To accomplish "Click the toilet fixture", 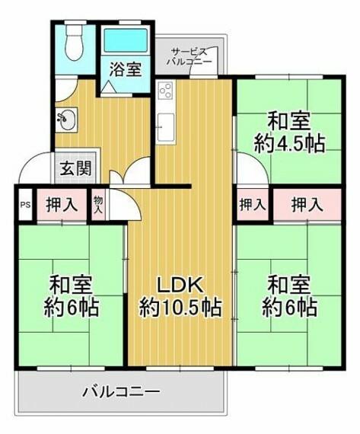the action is [74, 41].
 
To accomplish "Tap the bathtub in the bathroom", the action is [126, 40].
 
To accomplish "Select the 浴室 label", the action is [126, 69].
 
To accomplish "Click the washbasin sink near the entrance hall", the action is [67, 120].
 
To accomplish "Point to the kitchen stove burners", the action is [166, 90].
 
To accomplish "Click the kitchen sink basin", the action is [166, 126].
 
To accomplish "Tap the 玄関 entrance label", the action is [75, 168].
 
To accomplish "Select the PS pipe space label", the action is [25, 205].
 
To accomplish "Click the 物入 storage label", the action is [98, 205].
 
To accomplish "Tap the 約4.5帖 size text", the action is [289, 144].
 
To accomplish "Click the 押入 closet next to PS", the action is [62, 205].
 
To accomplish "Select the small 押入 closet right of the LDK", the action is [253, 205].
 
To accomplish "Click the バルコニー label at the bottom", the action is [122, 391].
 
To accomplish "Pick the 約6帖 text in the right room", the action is [289, 308].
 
